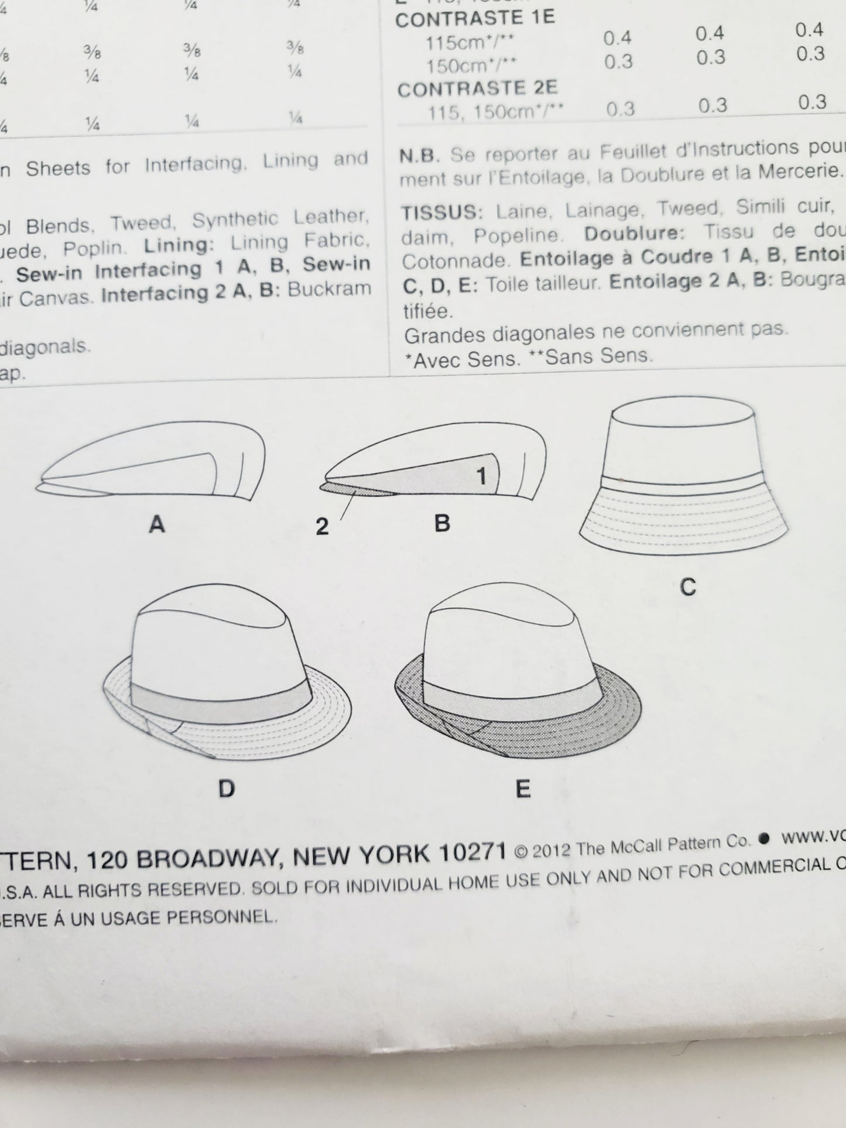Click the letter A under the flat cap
click(x=156, y=524)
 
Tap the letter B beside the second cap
click(x=442, y=523)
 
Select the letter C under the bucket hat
click(x=688, y=587)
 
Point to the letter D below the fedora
click(x=226, y=789)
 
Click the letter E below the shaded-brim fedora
click(x=523, y=789)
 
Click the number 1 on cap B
click(x=481, y=476)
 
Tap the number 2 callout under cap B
click(x=322, y=527)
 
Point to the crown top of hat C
click(x=682, y=413)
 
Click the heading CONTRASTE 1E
click(x=474, y=18)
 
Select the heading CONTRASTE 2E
click(x=477, y=89)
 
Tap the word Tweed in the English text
click(x=143, y=223)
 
